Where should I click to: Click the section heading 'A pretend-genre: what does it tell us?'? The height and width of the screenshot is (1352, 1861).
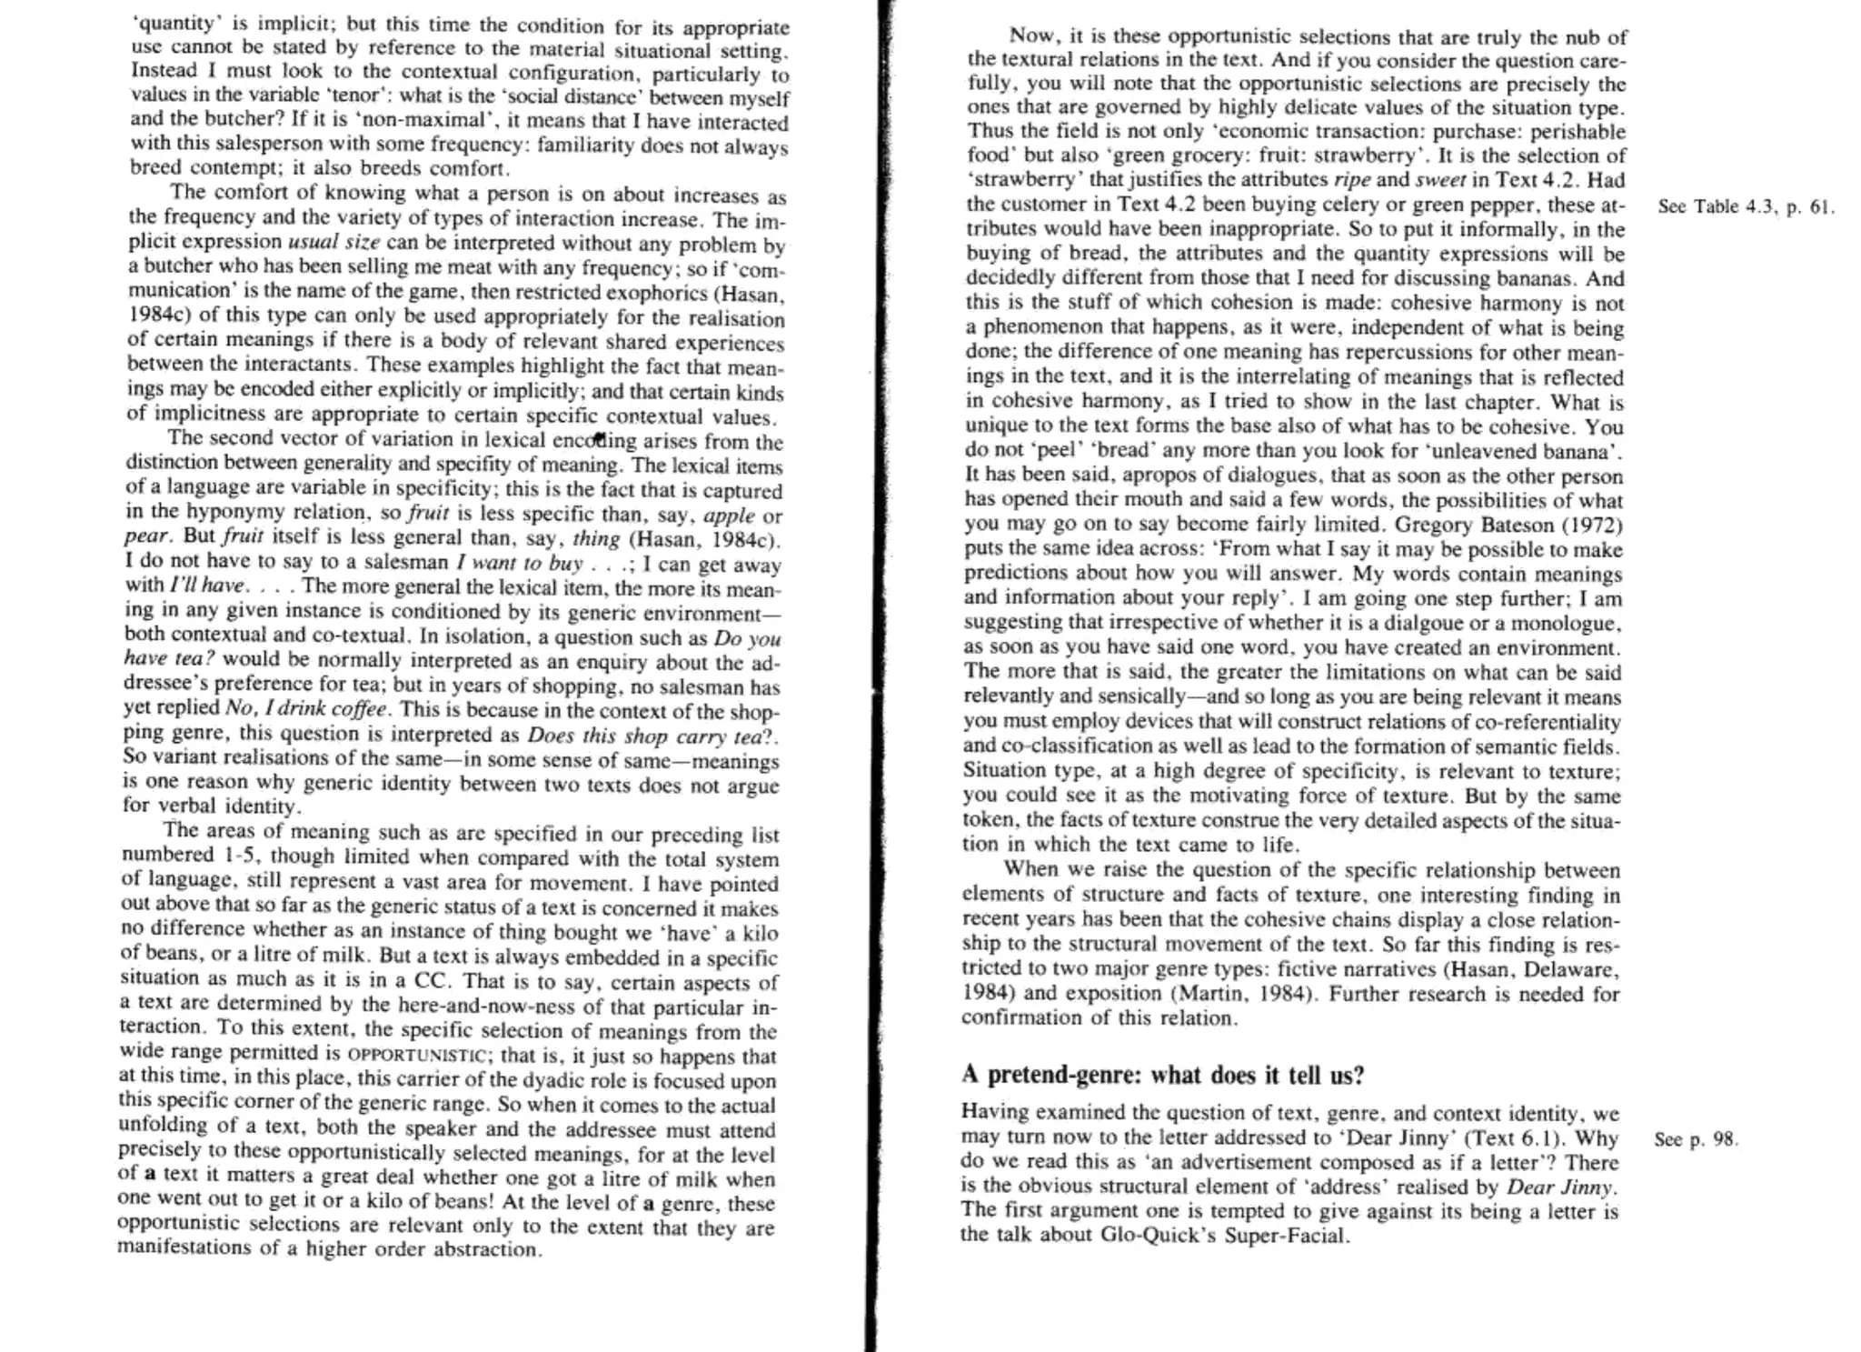1162,1075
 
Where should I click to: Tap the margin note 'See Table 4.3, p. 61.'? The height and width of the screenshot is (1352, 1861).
1746,206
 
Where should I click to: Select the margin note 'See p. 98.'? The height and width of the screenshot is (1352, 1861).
1696,1139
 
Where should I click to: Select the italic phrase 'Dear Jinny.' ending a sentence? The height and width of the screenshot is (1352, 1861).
1562,1187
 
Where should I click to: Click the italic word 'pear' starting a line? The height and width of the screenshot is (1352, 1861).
146,536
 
